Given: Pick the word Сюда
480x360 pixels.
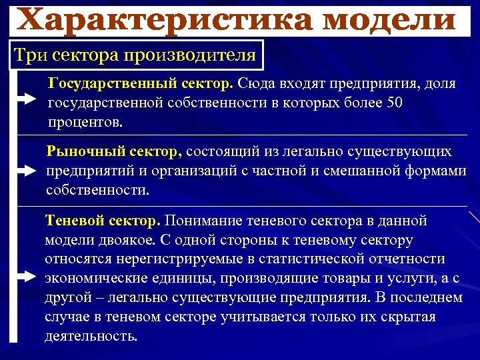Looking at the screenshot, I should pos(261,85).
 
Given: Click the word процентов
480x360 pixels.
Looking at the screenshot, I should pos(85,123).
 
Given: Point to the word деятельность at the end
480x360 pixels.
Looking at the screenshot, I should pos(91,336).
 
